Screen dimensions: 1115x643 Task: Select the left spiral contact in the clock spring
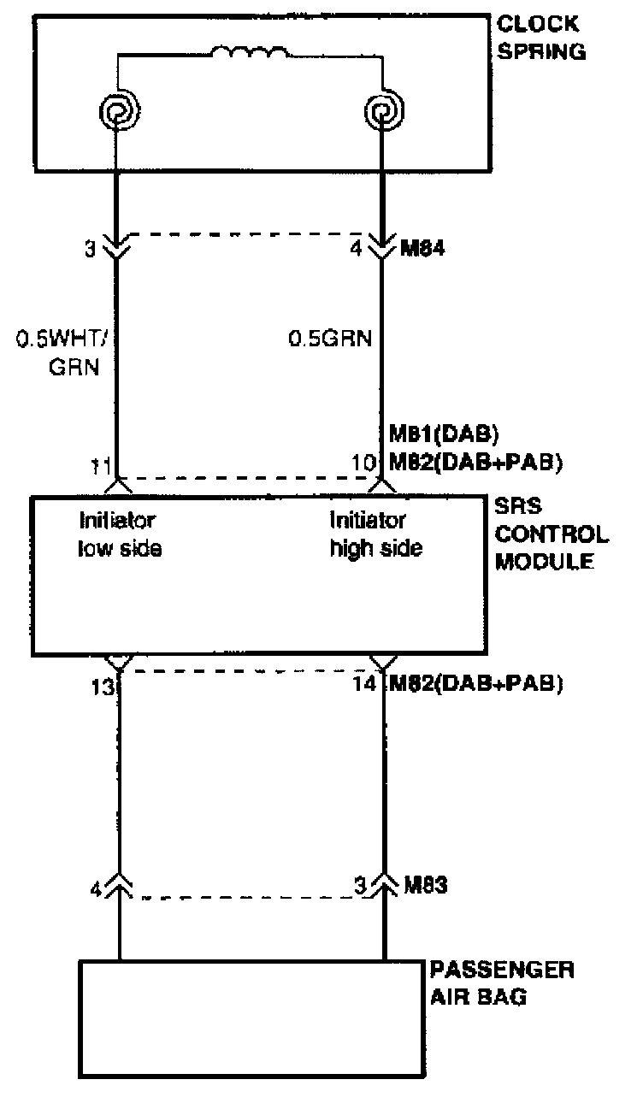(116, 111)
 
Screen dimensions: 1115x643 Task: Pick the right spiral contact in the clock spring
(380, 111)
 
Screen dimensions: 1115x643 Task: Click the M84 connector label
(426, 250)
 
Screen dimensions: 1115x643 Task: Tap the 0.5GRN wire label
(329, 339)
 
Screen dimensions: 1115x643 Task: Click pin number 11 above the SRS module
(101, 466)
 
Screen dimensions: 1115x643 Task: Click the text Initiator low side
(120, 534)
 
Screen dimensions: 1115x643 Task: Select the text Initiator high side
(375, 534)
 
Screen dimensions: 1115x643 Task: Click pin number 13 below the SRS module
(102, 686)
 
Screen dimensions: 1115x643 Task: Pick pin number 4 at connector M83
(96, 888)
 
